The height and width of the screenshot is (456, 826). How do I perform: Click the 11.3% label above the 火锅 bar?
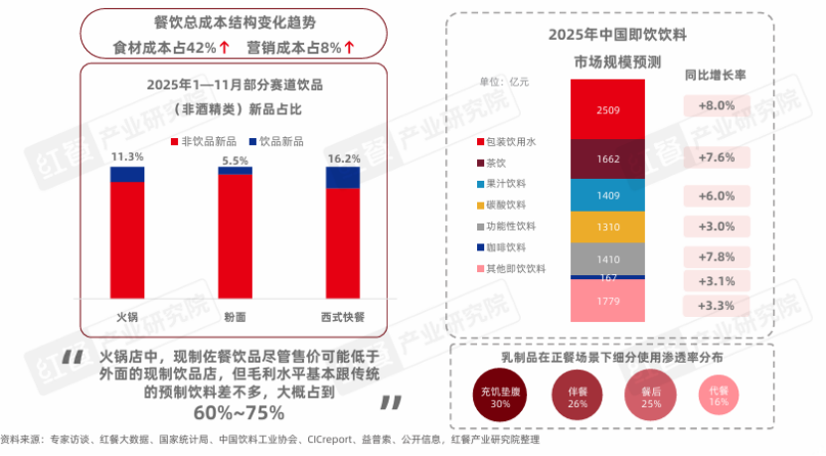pyautogui.click(x=126, y=157)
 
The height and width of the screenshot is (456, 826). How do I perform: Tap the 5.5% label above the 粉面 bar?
pyautogui.click(x=235, y=160)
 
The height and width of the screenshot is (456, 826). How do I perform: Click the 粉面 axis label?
pyautogui.click(x=235, y=317)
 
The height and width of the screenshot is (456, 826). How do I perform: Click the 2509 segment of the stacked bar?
pyautogui.click(x=608, y=109)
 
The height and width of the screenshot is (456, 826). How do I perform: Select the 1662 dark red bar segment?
pyautogui.click(x=608, y=159)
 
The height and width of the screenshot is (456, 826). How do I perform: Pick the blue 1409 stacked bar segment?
pyautogui.click(x=608, y=196)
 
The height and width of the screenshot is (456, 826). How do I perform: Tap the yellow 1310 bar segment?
pyautogui.click(x=608, y=228)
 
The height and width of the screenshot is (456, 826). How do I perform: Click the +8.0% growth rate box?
pyautogui.click(x=716, y=105)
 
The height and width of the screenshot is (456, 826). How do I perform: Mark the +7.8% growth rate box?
pyautogui.click(x=716, y=256)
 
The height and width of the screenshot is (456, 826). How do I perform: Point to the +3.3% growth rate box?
pyautogui.click(x=716, y=305)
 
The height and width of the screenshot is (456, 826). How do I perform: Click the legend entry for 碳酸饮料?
pyautogui.click(x=508, y=205)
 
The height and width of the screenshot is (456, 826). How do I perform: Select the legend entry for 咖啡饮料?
pyautogui.click(x=508, y=246)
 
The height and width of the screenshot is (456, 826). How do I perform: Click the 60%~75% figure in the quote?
pyautogui.click(x=239, y=411)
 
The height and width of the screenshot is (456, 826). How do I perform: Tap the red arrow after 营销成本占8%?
pyautogui.click(x=349, y=47)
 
